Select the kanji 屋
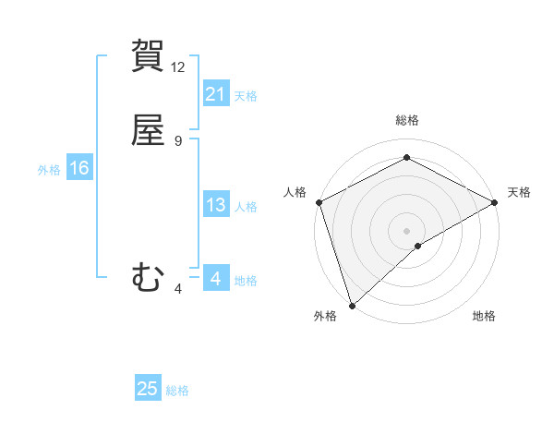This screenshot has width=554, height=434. (149, 130)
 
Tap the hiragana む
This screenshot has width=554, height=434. (148, 276)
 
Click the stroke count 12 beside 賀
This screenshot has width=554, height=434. (178, 67)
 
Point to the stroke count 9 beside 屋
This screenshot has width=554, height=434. (178, 141)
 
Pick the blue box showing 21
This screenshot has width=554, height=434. (216, 94)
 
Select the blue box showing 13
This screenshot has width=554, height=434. (216, 205)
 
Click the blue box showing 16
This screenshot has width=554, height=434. (79, 168)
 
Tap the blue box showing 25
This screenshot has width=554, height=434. (148, 389)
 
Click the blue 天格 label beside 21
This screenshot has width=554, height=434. (247, 95)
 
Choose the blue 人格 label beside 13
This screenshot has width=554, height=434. (247, 206)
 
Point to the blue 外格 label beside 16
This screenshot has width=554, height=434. (49, 169)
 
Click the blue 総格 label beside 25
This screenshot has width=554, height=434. (178, 391)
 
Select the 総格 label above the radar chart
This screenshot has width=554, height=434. (407, 120)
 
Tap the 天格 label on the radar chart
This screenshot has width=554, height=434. (519, 192)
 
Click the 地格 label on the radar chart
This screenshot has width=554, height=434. (484, 316)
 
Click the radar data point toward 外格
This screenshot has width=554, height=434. (352, 305)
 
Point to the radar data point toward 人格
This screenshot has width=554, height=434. (319, 202)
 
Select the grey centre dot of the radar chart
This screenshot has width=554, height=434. (406, 230)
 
